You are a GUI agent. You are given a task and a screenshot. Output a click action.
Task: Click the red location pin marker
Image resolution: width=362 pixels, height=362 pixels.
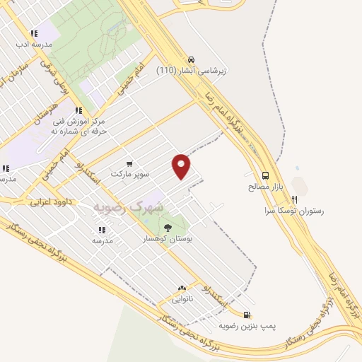pos(182,165)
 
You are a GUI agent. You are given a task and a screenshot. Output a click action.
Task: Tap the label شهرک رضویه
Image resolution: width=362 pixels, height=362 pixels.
pos(128,207)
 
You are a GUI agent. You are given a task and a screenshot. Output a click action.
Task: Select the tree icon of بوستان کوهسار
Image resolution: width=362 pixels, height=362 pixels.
pos(168,228)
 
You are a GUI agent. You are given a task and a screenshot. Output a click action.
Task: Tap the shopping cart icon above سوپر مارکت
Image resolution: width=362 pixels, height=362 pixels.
pos(129,163)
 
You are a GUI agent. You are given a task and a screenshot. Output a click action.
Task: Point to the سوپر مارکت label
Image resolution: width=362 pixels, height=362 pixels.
pos(129,173)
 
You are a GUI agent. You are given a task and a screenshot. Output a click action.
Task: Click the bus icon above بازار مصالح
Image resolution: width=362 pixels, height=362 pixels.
pos(265,176)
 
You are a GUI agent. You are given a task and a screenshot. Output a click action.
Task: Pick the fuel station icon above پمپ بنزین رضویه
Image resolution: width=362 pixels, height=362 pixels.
pos(245,315)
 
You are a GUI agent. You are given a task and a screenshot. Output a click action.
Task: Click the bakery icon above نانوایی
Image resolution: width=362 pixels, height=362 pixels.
pos(182,288)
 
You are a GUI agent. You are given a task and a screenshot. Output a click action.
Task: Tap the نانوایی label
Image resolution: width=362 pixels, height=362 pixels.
pos(182,298)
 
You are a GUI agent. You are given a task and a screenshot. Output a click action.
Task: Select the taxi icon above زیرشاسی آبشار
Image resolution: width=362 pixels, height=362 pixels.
pos(192,60)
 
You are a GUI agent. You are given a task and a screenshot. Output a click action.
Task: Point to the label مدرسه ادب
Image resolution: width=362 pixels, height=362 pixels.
pos(33,44)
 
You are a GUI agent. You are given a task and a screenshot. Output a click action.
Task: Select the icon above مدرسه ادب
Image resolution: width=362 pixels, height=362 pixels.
pos(33,33)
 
